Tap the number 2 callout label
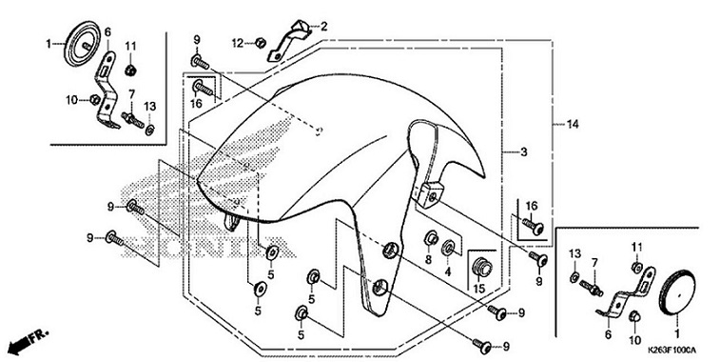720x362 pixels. coord(322,26)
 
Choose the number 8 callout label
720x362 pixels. coord(428,259)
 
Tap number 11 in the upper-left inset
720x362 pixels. coord(131,46)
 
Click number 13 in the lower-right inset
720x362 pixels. coord(574,251)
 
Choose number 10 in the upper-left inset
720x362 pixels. coord(70,98)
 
